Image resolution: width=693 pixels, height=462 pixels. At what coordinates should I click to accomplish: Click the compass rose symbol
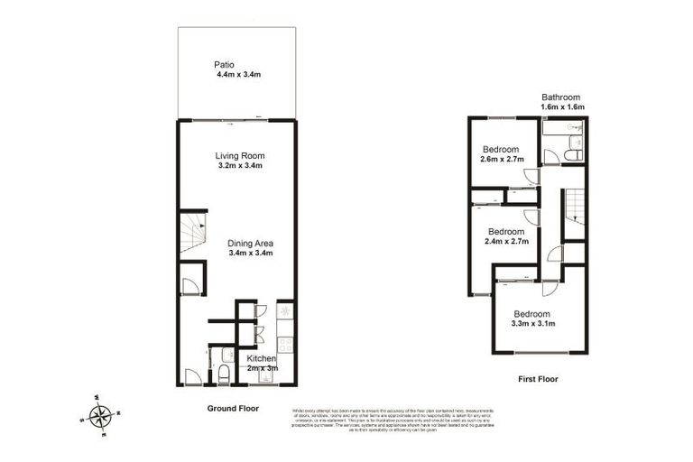point(101,416)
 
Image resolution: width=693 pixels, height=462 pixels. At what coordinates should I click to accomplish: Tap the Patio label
point(225,64)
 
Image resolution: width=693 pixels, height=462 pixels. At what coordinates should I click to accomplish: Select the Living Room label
point(240,155)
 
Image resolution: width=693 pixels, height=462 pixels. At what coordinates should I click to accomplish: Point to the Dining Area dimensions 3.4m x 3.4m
point(251,254)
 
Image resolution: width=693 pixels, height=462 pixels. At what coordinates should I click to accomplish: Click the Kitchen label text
point(263,357)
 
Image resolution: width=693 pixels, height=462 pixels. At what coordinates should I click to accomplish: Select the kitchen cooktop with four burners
point(285,344)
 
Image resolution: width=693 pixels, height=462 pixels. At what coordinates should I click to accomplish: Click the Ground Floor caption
point(233,408)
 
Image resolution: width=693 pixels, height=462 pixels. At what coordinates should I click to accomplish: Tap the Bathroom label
point(560,97)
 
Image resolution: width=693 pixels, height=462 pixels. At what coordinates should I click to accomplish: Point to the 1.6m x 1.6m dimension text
point(563,107)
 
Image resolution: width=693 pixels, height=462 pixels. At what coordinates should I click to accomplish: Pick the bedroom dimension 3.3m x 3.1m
point(532,323)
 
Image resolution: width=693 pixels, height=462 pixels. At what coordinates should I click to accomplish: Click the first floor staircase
point(573,214)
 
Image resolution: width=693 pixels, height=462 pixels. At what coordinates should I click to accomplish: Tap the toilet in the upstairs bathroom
point(572,154)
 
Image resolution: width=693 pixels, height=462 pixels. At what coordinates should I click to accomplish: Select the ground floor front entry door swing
point(192,376)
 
